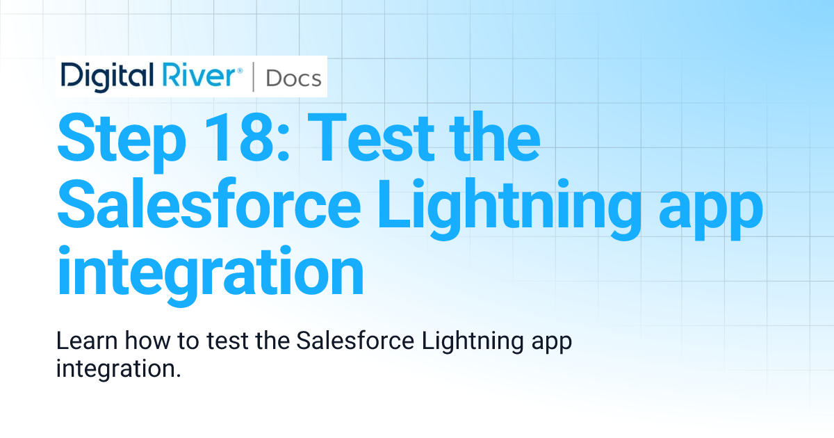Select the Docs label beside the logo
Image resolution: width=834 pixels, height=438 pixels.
(x=293, y=78)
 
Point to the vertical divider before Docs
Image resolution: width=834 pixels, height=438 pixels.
(x=254, y=77)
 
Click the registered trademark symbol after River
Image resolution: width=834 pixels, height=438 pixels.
(x=240, y=70)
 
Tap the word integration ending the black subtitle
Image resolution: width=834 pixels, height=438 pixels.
(x=118, y=368)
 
